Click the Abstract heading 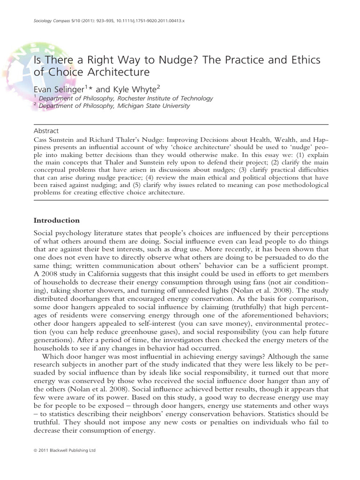click(x=47, y=131)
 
